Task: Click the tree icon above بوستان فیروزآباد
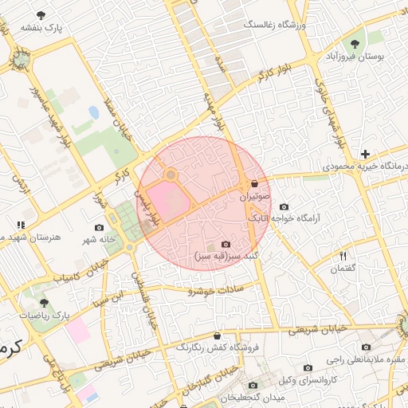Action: [355, 43]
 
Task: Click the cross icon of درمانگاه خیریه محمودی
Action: [365, 153]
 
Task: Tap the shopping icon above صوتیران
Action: [254, 183]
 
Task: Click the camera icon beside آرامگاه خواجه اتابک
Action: [284, 206]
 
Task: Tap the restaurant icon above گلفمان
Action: [343, 256]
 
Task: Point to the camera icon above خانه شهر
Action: [99, 227]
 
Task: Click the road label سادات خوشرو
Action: [213, 291]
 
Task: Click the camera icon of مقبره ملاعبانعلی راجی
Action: [366, 347]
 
